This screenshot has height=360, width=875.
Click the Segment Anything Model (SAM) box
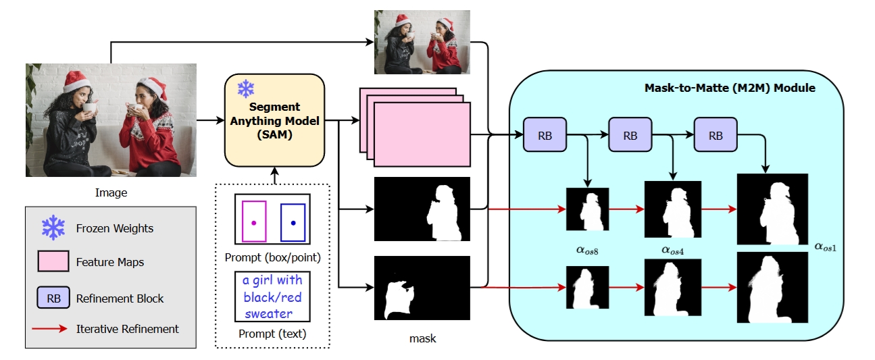pyautogui.click(x=274, y=120)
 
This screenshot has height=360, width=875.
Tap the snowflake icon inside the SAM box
pyautogui.click(x=245, y=88)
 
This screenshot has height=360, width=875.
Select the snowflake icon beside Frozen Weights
pyautogui.click(x=53, y=228)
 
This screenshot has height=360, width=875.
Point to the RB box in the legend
pyautogui.click(x=53, y=298)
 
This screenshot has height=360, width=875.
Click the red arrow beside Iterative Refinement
pyautogui.click(x=53, y=329)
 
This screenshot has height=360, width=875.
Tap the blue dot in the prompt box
pyautogui.click(x=293, y=222)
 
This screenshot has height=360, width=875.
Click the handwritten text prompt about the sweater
pyautogui.click(x=272, y=297)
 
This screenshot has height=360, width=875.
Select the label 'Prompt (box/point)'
pyautogui.click(x=272, y=257)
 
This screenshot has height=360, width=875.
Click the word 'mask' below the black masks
pyautogui.click(x=422, y=338)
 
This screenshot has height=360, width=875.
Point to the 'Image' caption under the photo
pyautogui.click(x=111, y=193)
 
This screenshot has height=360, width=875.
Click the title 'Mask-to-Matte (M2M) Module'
pyautogui.click(x=730, y=88)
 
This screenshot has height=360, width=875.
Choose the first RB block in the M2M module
pyautogui.click(x=545, y=136)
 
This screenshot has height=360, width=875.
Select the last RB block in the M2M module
pyautogui.click(x=715, y=136)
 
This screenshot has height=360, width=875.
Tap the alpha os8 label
pyautogui.click(x=589, y=249)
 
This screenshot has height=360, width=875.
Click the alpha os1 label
pyautogui.click(x=826, y=247)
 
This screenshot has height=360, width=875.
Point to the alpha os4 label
pyautogui.click(x=674, y=250)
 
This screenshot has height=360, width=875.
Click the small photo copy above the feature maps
pyautogui.click(x=422, y=42)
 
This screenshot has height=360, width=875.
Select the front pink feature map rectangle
pyautogui.click(x=422, y=134)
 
